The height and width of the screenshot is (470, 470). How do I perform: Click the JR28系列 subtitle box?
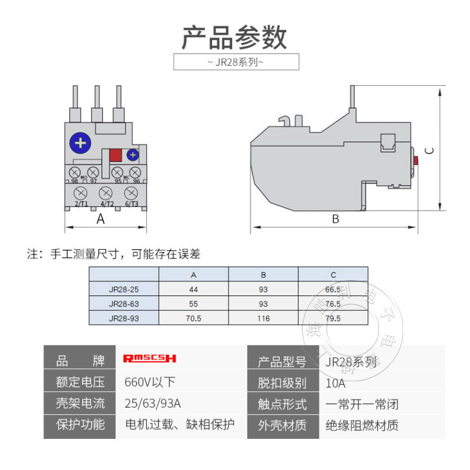click(x=236, y=62)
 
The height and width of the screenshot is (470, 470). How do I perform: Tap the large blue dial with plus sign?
click(x=80, y=143)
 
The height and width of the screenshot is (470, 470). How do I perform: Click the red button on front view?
click(x=116, y=155)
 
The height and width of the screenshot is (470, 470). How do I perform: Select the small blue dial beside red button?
click(x=133, y=155)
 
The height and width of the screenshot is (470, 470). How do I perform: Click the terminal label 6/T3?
click(x=131, y=204)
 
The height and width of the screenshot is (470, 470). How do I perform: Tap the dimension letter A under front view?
click(x=100, y=219)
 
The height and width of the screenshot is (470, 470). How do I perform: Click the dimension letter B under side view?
click(x=335, y=219)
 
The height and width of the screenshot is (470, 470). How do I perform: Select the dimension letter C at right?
click(x=430, y=150)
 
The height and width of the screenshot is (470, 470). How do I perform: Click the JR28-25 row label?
click(x=124, y=289)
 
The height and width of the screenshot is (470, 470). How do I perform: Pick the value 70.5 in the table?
click(x=193, y=318)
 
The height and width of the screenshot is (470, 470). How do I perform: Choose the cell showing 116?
click(x=263, y=318)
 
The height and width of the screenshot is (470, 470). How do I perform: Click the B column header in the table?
click(x=263, y=275)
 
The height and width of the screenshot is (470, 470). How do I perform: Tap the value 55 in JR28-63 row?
click(x=193, y=304)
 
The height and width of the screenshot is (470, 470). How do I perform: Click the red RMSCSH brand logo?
click(x=150, y=358)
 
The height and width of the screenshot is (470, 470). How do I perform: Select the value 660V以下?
click(x=150, y=382)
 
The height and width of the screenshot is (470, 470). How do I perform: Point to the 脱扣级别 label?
click(x=283, y=384)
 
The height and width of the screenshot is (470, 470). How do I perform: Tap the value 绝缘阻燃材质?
click(x=362, y=425)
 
